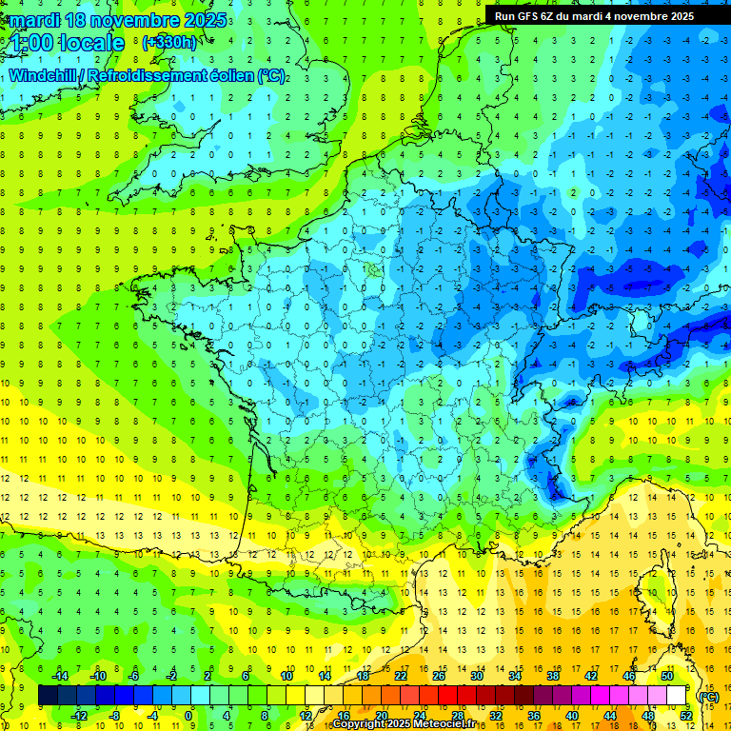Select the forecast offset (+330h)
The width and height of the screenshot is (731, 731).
(x=168, y=43)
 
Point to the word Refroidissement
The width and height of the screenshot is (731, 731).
(x=162, y=76)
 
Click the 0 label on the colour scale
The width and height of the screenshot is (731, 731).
(x=188, y=716)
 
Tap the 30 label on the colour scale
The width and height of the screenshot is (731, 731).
(x=476, y=676)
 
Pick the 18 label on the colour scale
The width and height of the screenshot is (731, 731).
(x=363, y=676)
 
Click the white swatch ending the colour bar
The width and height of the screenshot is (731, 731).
(x=677, y=696)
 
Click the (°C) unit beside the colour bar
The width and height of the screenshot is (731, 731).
(x=708, y=696)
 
